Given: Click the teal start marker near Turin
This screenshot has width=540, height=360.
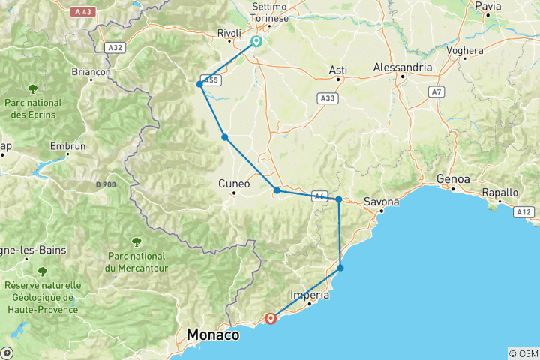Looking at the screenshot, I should coord(256,41).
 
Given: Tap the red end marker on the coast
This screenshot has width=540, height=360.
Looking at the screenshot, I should coord(271,318).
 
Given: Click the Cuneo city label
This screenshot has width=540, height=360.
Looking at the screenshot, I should coord(234,183).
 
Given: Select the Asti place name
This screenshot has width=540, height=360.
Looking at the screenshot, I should coord(338,70).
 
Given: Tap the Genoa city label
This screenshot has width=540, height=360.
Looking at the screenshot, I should coord(454,180).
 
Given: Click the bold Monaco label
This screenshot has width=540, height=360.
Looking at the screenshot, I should coord(214,334).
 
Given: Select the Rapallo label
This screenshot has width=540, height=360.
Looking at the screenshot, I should coord(500,192).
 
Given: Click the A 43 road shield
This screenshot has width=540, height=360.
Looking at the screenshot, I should coord(83,12).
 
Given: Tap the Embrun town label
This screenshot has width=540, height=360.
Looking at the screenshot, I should coord(67,147).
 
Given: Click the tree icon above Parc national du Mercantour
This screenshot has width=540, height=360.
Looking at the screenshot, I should coord(136,241).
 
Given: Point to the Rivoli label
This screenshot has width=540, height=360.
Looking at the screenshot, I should coord(229,33).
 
